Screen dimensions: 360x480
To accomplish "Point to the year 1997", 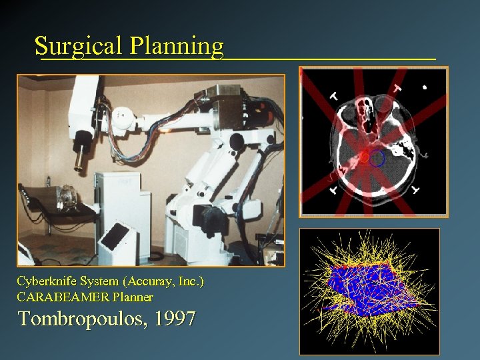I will (175, 319).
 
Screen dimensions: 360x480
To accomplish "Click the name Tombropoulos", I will (83, 319).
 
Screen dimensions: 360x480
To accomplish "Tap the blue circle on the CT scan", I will (377, 158).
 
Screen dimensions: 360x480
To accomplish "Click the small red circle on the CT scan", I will (365, 157).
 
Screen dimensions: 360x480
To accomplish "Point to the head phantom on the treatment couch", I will (66, 198).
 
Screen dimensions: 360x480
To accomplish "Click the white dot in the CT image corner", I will (425, 87).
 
